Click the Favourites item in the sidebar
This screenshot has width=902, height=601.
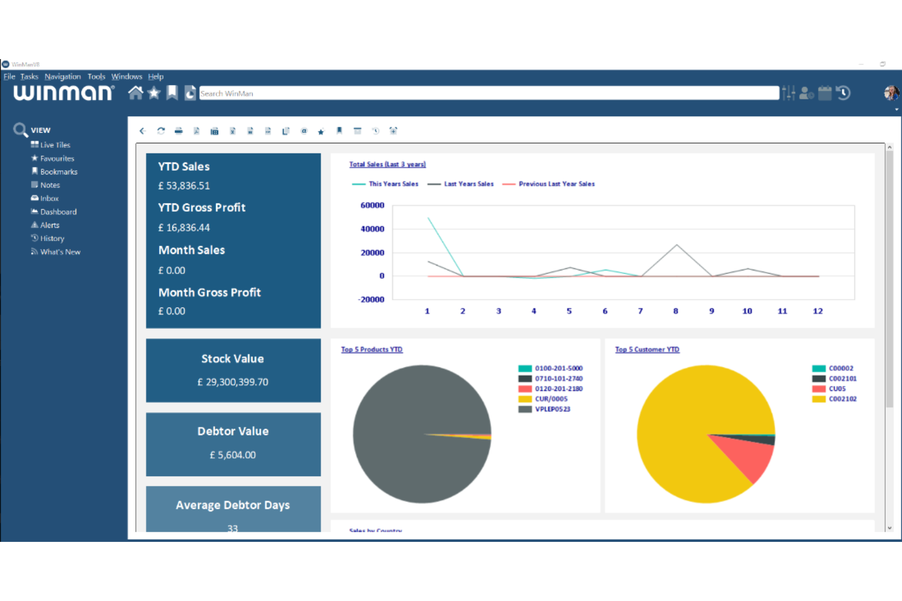pyautogui.click(x=57, y=158)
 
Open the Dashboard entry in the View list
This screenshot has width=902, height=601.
pyautogui.click(x=58, y=212)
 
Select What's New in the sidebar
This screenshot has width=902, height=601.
pyautogui.click(x=60, y=252)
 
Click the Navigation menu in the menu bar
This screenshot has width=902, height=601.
pyautogui.click(x=62, y=77)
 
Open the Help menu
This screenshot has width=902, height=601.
pyautogui.click(x=155, y=77)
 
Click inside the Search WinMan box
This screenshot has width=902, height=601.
pyautogui.click(x=488, y=93)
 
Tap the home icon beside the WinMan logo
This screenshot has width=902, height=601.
pyautogui.click(x=135, y=93)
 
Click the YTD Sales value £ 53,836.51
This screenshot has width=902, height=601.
pyautogui.click(x=184, y=186)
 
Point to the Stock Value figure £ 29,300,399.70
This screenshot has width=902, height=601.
pyautogui.click(x=233, y=382)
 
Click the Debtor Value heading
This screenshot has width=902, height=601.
pyautogui.click(x=233, y=431)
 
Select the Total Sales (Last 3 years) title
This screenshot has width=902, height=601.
pyautogui.click(x=387, y=164)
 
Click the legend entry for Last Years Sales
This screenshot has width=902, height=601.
pyautogui.click(x=468, y=184)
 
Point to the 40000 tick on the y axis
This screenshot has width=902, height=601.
pyautogui.click(x=372, y=229)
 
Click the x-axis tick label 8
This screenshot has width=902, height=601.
pyautogui.click(x=676, y=311)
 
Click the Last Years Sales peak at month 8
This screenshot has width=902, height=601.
pyautogui.click(x=676, y=245)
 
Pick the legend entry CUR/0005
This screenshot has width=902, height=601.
pyautogui.click(x=551, y=399)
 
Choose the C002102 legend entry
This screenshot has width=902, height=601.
pyautogui.click(x=842, y=399)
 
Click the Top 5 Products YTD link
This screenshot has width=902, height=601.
pyautogui.click(x=372, y=350)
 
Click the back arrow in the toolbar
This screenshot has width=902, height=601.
pyautogui.click(x=143, y=131)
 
